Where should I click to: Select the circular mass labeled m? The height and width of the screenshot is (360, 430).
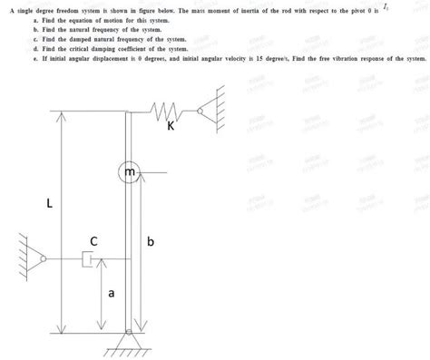(x=130, y=170)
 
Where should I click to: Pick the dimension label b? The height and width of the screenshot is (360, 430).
(x=151, y=242)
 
